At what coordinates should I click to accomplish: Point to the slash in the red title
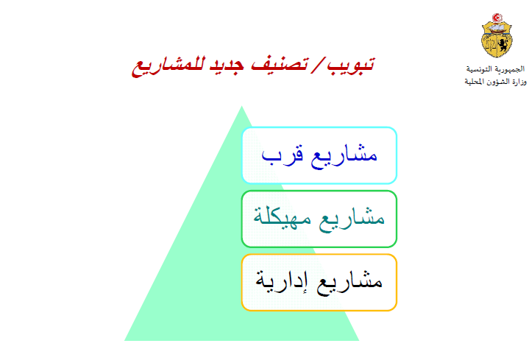pos(317,64)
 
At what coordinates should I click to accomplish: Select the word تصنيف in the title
pos(280,64)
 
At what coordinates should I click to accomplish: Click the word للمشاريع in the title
pos(168,66)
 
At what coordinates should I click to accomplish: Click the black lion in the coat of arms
pos(503,45)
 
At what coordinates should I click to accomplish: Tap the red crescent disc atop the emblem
pos(497,17)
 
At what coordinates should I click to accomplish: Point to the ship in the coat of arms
pos(497,28)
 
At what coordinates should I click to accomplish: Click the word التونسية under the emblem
pos(480,69)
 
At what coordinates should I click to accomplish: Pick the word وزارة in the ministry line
pos(518,82)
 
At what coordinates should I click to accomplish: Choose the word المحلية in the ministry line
pos(475,82)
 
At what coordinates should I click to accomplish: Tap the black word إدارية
pos(282,281)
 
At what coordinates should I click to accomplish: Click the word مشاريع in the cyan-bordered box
pos(344,156)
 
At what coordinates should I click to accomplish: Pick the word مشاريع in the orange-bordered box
pos(349,282)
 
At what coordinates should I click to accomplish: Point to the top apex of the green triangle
pos(241,106)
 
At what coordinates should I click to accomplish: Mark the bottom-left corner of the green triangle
pos(125,340)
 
